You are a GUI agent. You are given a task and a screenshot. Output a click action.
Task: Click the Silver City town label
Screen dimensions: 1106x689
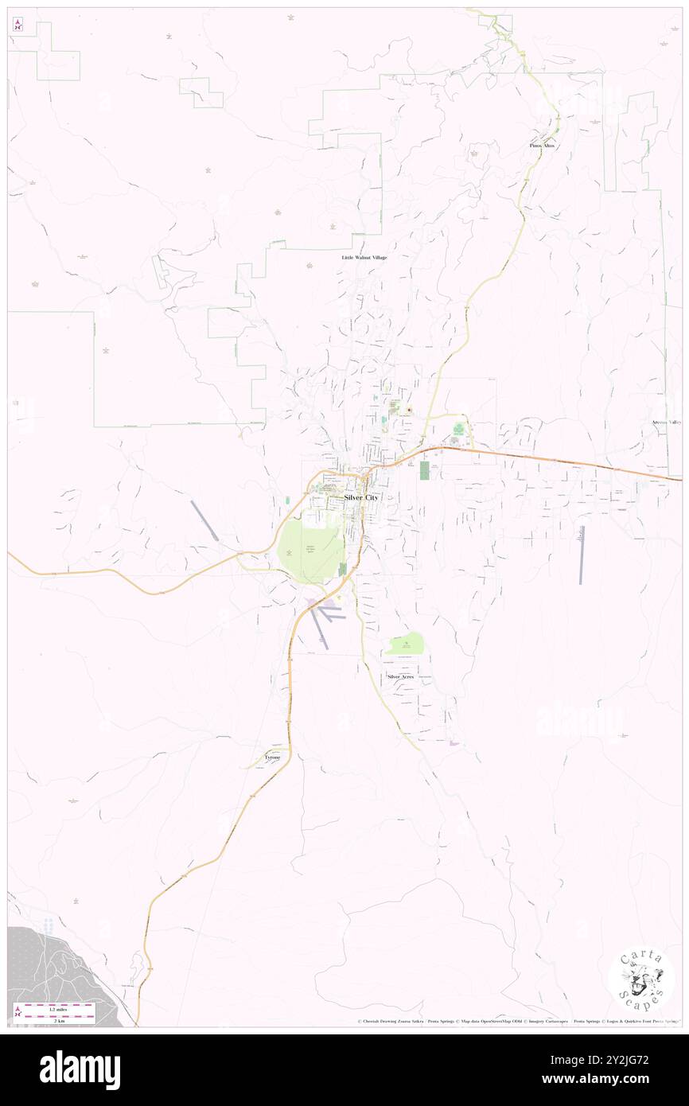click(361, 497)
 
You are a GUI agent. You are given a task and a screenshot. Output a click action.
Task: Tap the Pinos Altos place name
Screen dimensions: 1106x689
click(542, 146)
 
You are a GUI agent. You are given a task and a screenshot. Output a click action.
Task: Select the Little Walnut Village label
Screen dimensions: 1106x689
click(364, 258)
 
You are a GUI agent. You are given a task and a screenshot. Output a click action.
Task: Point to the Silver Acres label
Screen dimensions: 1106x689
click(400, 676)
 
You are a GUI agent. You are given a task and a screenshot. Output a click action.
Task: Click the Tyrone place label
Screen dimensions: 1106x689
click(272, 757)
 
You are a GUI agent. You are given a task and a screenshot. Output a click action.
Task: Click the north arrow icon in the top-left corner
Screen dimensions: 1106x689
click(18, 25)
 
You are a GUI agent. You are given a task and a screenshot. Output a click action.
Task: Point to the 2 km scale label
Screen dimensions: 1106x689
click(56, 1018)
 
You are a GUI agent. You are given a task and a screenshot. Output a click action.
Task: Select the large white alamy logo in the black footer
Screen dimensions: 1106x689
click(80, 1069)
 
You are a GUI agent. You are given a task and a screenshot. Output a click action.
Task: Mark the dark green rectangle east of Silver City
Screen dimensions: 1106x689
click(424, 470)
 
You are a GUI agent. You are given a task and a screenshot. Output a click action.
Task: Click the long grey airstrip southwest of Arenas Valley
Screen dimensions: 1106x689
click(582, 555)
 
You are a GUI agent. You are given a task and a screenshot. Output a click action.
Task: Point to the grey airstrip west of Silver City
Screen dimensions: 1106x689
click(204, 520)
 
